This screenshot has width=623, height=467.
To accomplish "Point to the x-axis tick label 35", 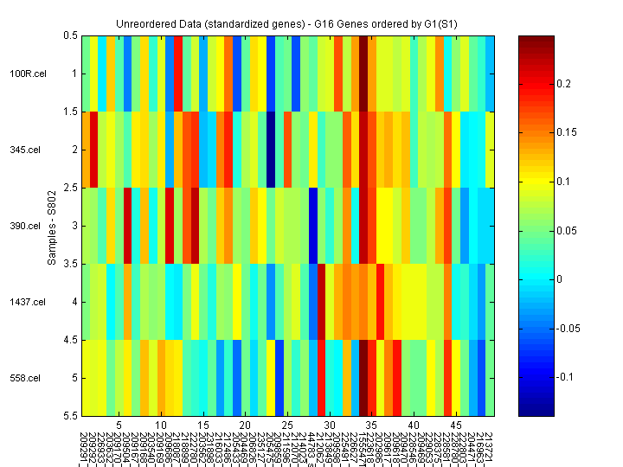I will [x=371, y=425].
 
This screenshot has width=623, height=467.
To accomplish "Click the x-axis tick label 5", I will [x=119, y=425].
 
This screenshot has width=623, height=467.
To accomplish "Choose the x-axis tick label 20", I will [x=245, y=425].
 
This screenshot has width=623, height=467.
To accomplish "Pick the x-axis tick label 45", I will [x=455, y=425].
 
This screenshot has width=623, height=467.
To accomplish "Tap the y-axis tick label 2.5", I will [x=68, y=188].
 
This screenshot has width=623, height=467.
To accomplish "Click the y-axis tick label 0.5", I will [x=68, y=35].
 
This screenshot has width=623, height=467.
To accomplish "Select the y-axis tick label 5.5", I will [x=68, y=416].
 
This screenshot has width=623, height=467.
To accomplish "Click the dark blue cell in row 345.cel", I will [x=270, y=150].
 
